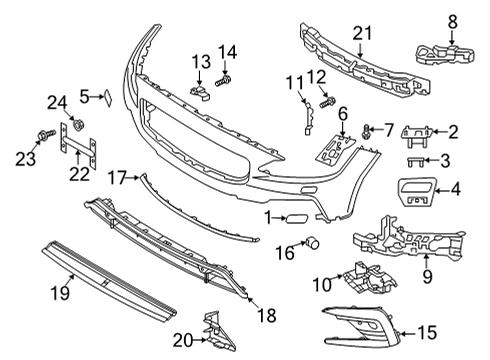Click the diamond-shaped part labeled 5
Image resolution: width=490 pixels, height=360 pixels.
[x=103, y=97]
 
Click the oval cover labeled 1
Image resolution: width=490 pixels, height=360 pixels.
[x=296, y=217]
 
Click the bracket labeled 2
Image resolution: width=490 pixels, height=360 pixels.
[x=420, y=130]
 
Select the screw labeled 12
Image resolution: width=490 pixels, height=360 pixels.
[x=326, y=101]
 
